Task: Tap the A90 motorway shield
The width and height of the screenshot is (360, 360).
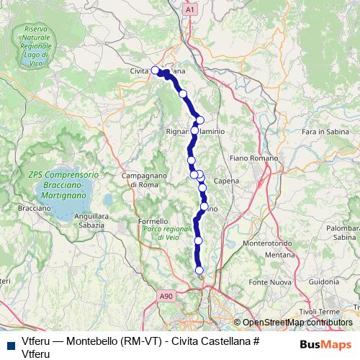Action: (166, 295)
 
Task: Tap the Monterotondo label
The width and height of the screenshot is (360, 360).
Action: (269, 244)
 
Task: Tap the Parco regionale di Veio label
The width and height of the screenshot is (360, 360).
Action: (163, 232)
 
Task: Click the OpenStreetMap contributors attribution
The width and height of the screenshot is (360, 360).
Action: (297, 323)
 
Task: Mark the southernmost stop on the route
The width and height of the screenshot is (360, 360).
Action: (199, 270)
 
